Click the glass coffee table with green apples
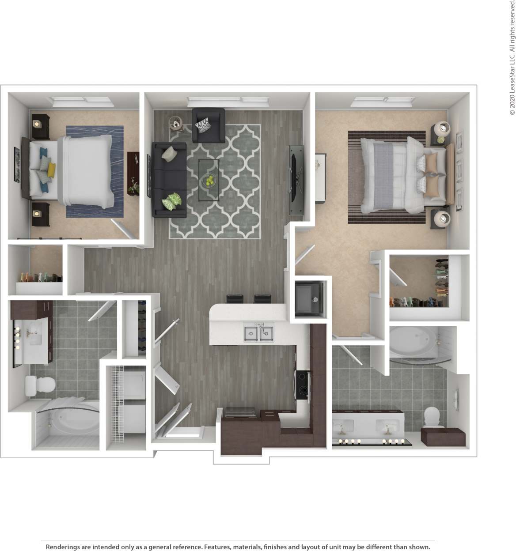pos(209,174)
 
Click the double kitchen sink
pos(258,332)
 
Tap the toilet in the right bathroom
pos(431,416)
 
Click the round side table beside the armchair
pos(176,123)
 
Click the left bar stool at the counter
pos(235,299)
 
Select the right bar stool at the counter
pos(262,299)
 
